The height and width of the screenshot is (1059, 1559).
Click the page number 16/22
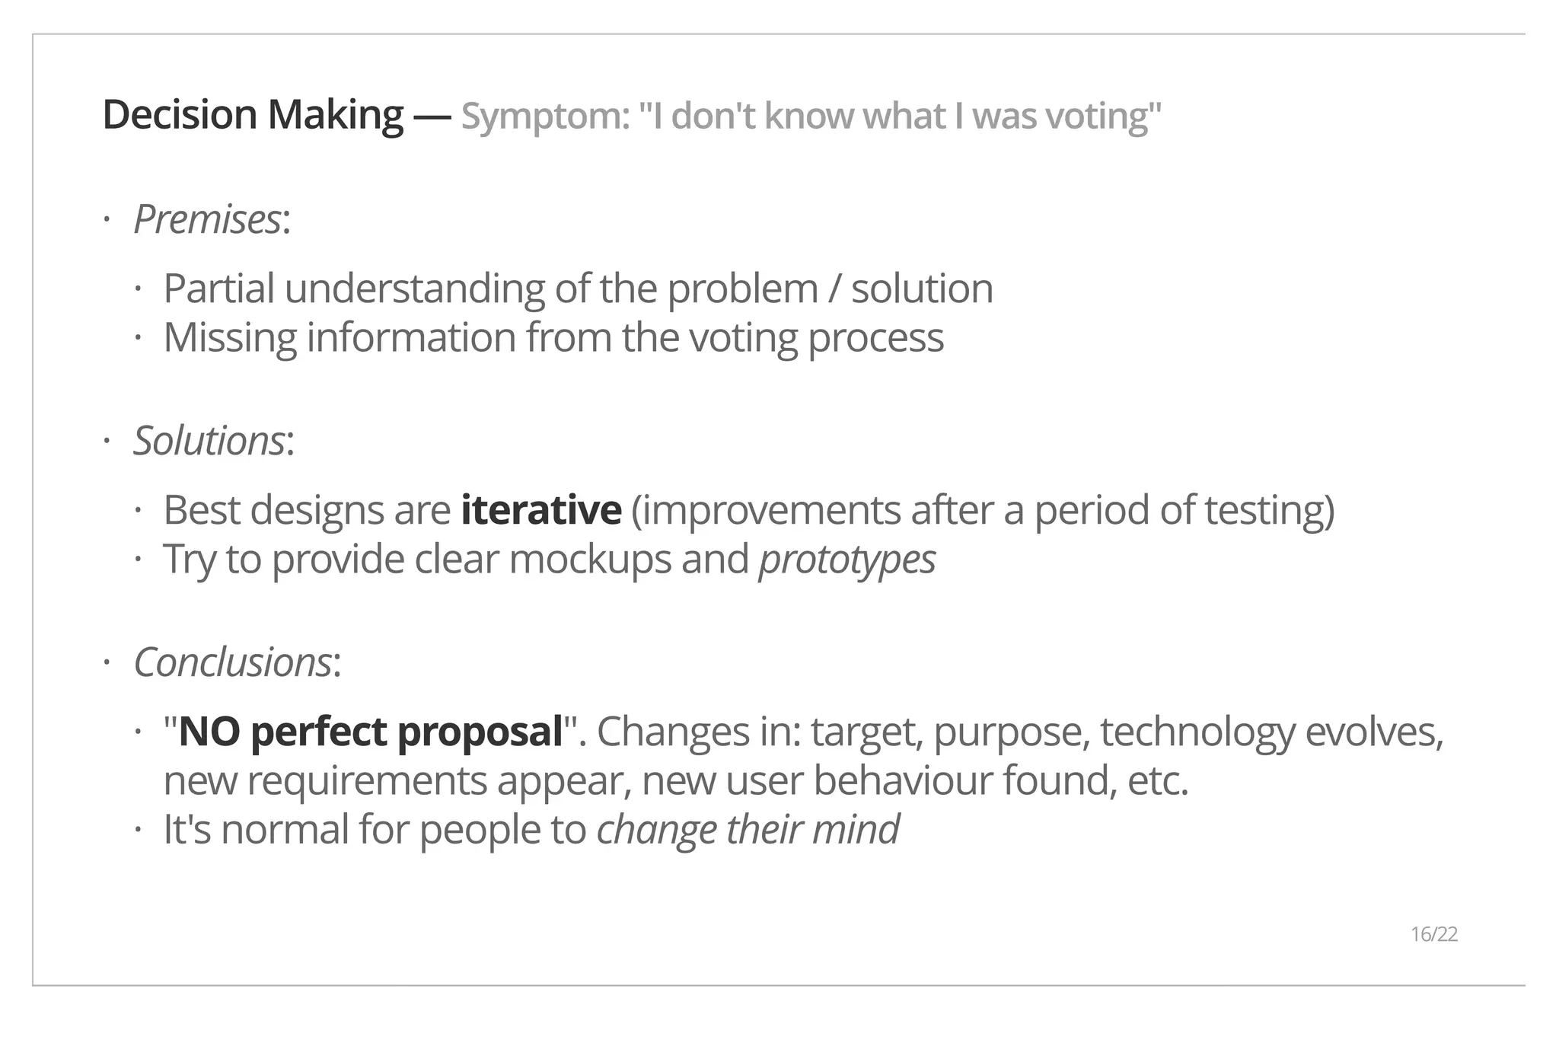[x=1433, y=934]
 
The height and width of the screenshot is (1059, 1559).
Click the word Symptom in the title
[x=545, y=116]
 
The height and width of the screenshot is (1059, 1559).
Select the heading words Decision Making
[x=253, y=115]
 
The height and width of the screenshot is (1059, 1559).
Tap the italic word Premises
[x=207, y=220]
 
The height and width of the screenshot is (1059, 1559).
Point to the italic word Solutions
[x=209, y=441]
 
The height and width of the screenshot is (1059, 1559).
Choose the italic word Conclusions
[x=232, y=662]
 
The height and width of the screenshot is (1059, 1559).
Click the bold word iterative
[x=541, y=510]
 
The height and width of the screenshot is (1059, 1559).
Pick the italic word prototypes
[x=847, y=560]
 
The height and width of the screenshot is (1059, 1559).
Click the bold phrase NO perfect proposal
[x=370, y=732]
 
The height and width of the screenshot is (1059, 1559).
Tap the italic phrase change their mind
[x=748, y=830]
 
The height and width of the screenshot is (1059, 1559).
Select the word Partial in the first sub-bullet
[x=218, y=289]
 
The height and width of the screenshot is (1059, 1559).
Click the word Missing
[x=230, y=338]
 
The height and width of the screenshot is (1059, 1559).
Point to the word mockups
[x=590, y=560]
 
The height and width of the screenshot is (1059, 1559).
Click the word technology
[x=1197, y=732]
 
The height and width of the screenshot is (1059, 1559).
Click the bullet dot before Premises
[x=107, y=221]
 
